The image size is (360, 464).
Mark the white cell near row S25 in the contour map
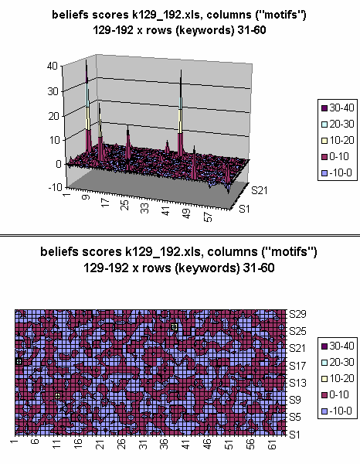[175, 328]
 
